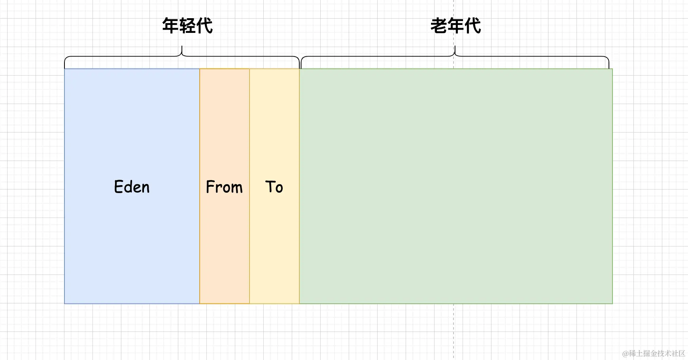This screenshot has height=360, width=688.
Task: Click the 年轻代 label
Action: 187,26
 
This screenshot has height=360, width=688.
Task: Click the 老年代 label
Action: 456,26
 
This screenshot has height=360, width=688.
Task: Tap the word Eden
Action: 132,187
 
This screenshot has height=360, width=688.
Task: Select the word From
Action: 224,187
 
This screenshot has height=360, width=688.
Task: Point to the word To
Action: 274,187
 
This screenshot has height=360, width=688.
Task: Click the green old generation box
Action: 456,186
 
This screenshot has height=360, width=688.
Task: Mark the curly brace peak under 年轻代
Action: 182,47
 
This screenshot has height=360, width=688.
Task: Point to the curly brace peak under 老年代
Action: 455,47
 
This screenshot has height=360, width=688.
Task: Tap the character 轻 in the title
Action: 187,26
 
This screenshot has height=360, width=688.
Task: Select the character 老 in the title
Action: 439,26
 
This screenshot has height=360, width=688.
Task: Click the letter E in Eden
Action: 118,187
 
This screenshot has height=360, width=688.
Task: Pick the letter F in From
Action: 210,187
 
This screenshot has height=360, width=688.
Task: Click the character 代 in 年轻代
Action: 204,26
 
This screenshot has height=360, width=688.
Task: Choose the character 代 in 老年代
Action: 473,26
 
